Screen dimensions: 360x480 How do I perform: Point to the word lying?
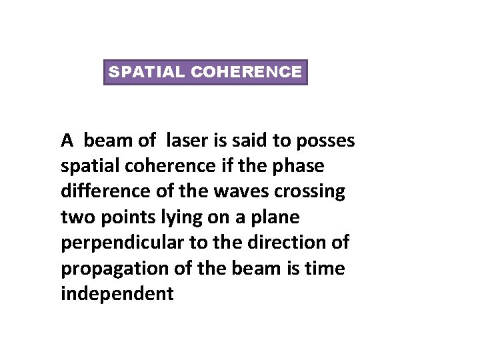pyautogui.click(x=171, y=217)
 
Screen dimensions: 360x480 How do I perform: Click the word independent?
pyautogui.click(x=117, y=293)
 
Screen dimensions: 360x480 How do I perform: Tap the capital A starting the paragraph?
pyautogui.click(x=67, y=141)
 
